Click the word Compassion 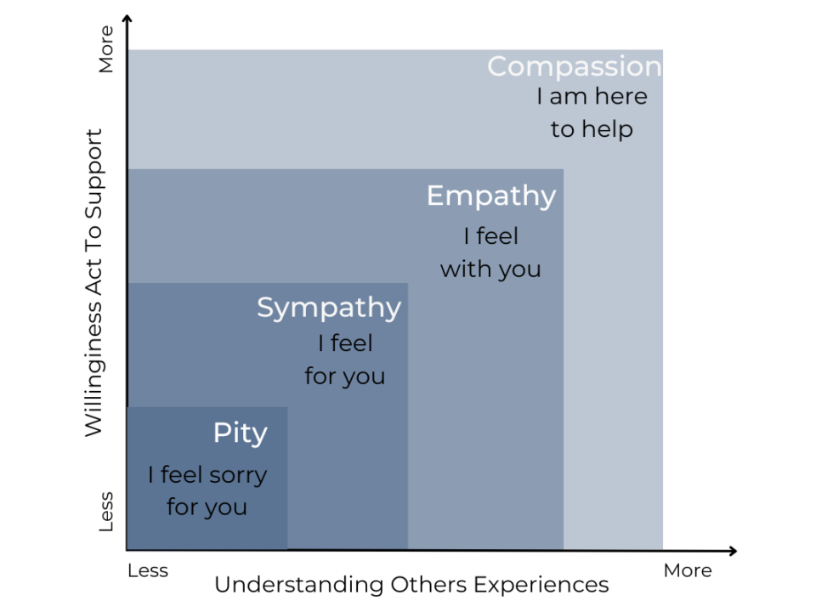tap(575, 66)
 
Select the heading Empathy tap(491, 196)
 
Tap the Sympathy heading tap(329, 308)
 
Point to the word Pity tap(241, 433)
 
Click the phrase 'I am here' tap(592, 96)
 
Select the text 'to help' tap(592, 129)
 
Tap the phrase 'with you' tap(490, 269)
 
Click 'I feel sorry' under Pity tap(207, 475)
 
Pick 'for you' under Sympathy tap(345, 377)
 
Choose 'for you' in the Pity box tap(207, 507)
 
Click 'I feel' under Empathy tap(491, 236)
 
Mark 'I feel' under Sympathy tap(346, 343)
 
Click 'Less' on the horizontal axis tap(148, 571)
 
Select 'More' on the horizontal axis tap(688, 571)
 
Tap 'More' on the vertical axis tap(106, 49)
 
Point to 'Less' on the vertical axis tap(106, 512)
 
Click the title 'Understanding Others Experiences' tap(411, 585)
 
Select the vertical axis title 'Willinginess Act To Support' tap(94, 282)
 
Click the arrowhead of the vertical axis tap(127, 18)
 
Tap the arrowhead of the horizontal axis tap(734, 551)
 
